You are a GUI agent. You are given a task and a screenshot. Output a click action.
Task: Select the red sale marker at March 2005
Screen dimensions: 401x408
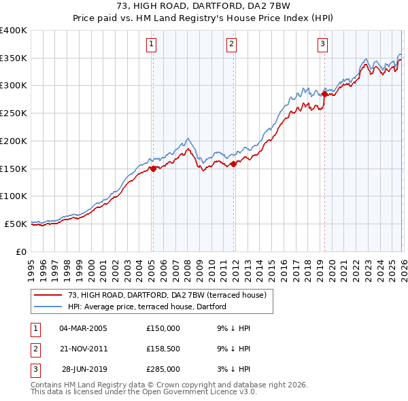click(x=153, y=169)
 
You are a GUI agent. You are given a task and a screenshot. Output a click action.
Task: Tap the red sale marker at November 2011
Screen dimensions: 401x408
click(x=233, y=164)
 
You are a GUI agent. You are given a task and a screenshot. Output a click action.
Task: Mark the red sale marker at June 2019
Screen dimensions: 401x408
click(x=324, y=94)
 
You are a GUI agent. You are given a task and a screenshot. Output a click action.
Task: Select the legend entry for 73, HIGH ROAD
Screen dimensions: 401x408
click(x=170, y=295)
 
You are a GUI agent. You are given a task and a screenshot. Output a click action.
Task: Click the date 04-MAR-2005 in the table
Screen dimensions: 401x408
click(x=83, y=328)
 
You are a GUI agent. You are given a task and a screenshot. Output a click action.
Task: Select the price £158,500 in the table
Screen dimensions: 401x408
click(x=163, y=349)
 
